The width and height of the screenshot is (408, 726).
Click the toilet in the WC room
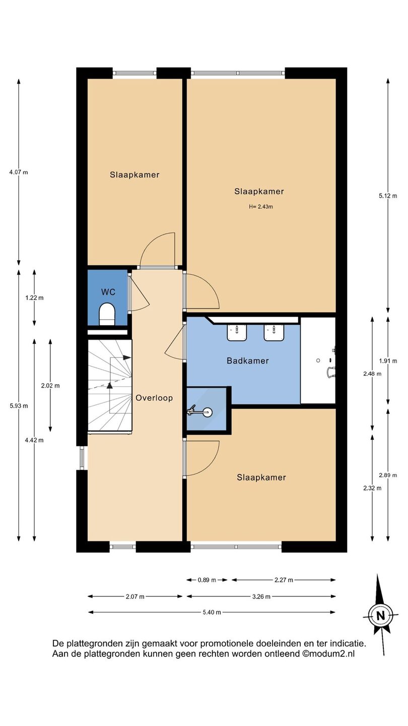[x=107, y=314]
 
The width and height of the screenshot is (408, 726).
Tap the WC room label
[x=108, y=292]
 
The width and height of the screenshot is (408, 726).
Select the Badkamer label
[x=248, y=361]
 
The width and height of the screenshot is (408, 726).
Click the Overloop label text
[x=154, y=398]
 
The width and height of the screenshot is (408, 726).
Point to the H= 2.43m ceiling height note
[x=261, y=207]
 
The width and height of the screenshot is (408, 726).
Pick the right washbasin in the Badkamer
[x=274, y=332]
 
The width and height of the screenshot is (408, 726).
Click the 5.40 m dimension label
[x=212, y=612]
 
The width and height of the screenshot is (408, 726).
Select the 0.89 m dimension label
[x=207, y=580]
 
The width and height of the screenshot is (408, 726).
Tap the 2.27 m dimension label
[x=284, y=580]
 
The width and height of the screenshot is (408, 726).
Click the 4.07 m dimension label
[x=19, y=172]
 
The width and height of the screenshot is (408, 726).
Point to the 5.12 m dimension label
[x=388, y=196]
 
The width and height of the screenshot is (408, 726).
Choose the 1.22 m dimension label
[x=34, y=298]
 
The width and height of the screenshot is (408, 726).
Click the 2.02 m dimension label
[x=50, y=386]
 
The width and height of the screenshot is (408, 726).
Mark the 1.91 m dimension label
[x=388, y=361]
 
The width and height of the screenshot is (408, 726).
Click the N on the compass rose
[x=380, y=615]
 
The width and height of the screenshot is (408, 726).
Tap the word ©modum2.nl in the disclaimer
[x=328, y=654]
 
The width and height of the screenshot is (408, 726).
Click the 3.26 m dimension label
[x=261, y=596]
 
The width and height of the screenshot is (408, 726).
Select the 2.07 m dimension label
[x=135, y=596]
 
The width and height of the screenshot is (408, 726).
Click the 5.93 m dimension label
[x=19, y=406]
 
